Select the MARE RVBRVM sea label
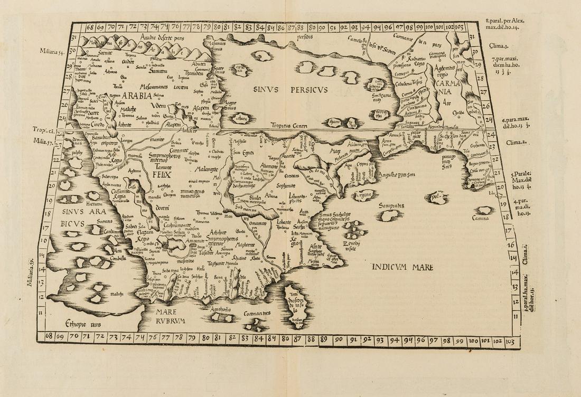click(170, 316)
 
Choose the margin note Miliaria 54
click(52, 51)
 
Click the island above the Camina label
click(484, 210)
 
